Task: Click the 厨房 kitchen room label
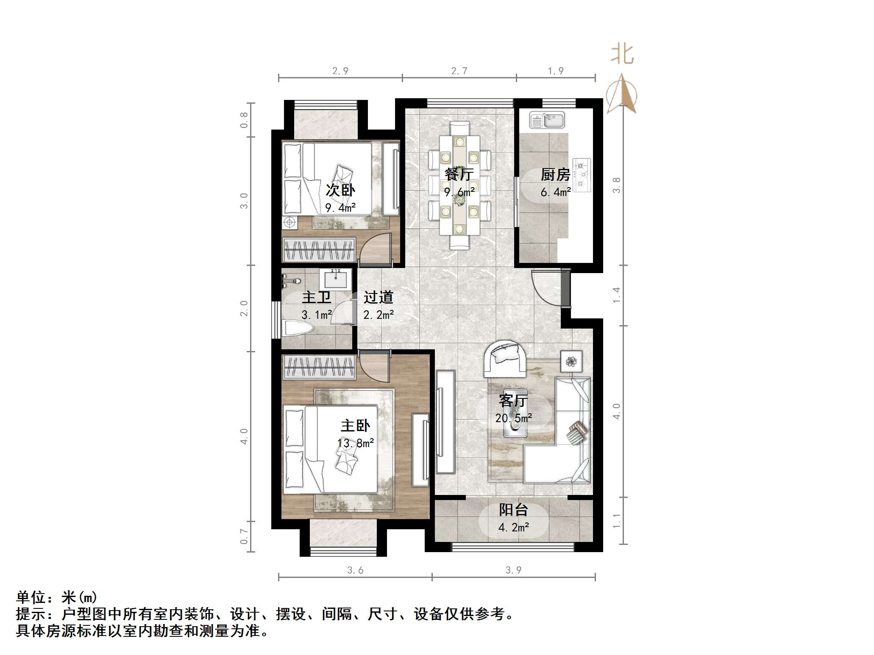pos(555,174)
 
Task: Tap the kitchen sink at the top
pos(547,120)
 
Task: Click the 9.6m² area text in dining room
pos(459,192)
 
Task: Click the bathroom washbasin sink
pos(336,279)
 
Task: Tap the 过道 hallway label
pos(378,297)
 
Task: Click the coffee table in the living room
pos(515,413)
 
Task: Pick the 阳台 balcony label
pos(513,510)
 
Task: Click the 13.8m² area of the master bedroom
pos(355,443)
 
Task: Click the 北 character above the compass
pos(622,55)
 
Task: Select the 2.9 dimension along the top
pos(340,71)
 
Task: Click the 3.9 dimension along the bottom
pos(513,570)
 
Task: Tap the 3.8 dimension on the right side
pos(616,185)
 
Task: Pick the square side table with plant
pos(571,361)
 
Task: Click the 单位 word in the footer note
pos(31,597)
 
